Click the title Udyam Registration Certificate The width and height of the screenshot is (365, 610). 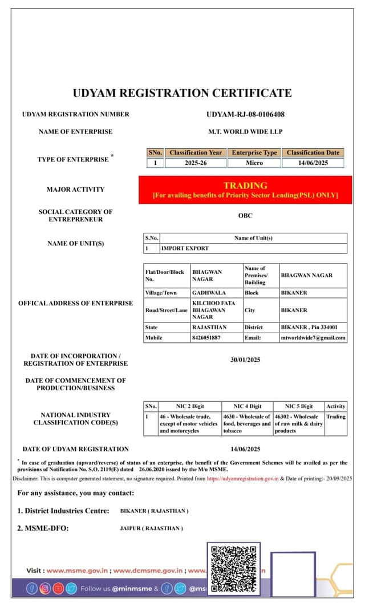(x=182, y=93)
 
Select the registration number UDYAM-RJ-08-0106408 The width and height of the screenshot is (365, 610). (x=245, y=114)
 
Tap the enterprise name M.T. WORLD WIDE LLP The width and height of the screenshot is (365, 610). (x=245, y=132)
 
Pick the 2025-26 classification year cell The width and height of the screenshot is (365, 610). (x=196, y=163)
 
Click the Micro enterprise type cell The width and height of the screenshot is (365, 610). (x=254, y=163)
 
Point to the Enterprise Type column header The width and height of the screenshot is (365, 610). (x=254, y=153)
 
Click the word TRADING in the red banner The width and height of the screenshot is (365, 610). (x=245, y=185)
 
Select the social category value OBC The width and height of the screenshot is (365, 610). (x=245, y=216)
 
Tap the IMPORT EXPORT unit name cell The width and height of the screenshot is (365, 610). (x=185, y=249)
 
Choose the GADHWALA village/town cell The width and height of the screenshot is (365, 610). (x=209, y=293)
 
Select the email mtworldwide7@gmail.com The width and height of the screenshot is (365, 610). (x=313, y=338)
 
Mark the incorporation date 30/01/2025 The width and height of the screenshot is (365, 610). (x=245, y=360)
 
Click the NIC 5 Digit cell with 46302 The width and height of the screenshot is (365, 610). (x=298, y=423)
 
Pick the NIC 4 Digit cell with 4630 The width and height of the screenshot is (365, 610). (x=246, y=423)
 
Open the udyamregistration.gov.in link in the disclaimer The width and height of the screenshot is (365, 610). (x=242, y=479)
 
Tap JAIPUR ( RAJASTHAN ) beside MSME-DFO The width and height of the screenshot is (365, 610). (x=151, y=528)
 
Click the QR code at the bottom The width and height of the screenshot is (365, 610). (x=234, y=568)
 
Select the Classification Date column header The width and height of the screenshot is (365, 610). (x=313, y=153)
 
